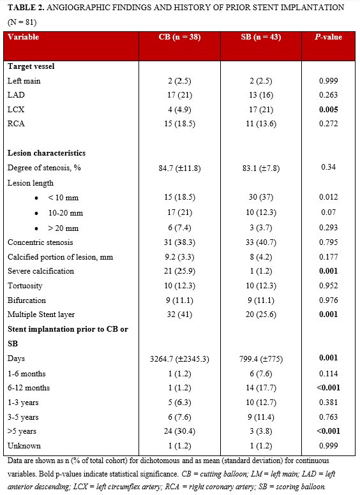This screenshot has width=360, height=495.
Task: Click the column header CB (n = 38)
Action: click(x=179, y=37)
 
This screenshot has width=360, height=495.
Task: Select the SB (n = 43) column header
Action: click(x=262, y=37)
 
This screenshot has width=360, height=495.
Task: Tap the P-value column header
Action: click(x=329, y=37)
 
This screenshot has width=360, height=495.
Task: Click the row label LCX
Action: click(x=16, y=109)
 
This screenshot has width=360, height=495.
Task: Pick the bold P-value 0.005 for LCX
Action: click(x=329, y=109)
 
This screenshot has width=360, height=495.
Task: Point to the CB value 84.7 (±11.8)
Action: click(x=179, y=168)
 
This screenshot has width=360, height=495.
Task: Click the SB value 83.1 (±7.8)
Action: click(x=262, y=168)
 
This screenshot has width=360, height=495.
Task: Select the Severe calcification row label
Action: click(x=40, y=271)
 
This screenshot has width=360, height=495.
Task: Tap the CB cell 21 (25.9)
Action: click(x=179, y=271)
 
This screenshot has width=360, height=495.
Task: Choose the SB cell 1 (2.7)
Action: click(x=262, y=271)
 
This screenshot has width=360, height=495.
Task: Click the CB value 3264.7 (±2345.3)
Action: click(x=179, y=359)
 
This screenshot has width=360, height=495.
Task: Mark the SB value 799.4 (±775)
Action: click(x=262, y=359)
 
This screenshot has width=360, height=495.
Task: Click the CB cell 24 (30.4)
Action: click(x=179, y=432)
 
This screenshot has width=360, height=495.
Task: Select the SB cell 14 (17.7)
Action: click(x=262, y=388)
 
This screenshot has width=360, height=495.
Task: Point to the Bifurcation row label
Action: click(x=27, y=300)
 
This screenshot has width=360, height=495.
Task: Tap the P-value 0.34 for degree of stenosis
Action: click(x=329, y=167)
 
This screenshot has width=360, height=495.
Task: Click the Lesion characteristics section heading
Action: click(x=47, y=154)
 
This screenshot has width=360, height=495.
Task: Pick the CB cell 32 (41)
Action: click(x=179, y=315)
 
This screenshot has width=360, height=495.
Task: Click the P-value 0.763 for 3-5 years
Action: click(x=329, y=417)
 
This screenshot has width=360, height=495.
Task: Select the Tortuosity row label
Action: click(x=26, y=286)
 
